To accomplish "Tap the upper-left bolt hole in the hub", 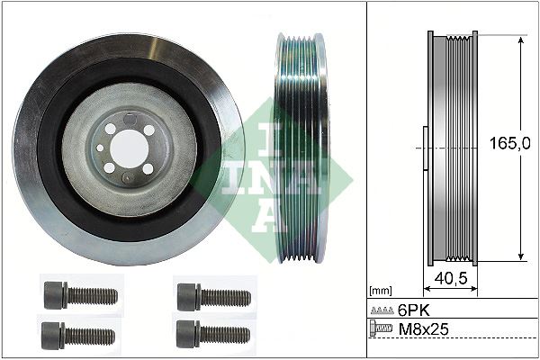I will coord(111,128).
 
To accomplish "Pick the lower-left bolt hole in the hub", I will coord(109,167).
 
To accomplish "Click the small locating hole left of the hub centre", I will coord(96,148).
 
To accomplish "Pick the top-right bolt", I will coord(211,294).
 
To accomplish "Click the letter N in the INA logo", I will coord(258,177).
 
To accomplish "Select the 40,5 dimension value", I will coord(450,279).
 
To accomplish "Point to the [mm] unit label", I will coord(382,292).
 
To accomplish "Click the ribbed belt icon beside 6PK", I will coord(381,310).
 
